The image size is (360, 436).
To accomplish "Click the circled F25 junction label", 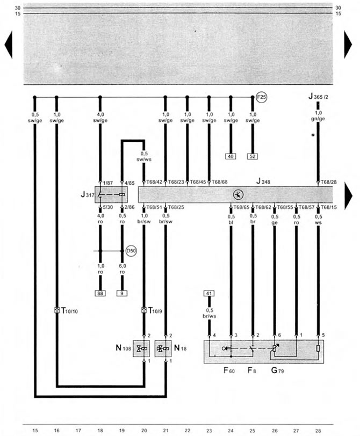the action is [x=261, y=97].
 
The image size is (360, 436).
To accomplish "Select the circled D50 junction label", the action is [x=131, y=251].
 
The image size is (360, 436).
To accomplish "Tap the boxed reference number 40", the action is [x=231, y=156].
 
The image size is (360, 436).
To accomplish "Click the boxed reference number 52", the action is [x=253, y=156].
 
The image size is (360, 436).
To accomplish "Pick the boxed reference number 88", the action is [x=100, y=293].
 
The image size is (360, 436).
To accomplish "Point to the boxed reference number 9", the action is [x=122, y=293].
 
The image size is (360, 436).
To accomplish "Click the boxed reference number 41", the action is [x=209, y=293].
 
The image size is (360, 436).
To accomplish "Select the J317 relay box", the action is [x=111, y=194].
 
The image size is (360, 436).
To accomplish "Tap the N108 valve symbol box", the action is [x=141, y=348].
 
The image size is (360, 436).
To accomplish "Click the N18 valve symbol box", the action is [x=163, y=348].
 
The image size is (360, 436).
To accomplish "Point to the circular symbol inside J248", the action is [x=238, y=194].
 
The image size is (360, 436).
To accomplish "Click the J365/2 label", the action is [x=318, y=97].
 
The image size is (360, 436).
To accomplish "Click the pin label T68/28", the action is [x=328, y=182].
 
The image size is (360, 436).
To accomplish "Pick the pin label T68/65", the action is [x=241, y=207].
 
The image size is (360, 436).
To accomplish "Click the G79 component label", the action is [x=277, y=370].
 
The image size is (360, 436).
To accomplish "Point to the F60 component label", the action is [x=229, y=370].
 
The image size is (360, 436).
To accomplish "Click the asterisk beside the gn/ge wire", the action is [x=313, y=135].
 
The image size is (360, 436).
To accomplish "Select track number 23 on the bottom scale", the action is [x=209, y=431].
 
